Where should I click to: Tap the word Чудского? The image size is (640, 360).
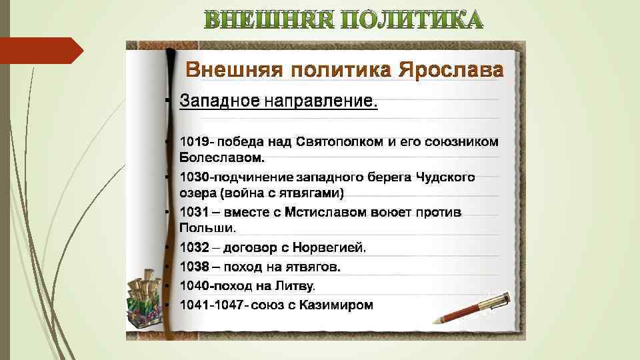click(445, 177)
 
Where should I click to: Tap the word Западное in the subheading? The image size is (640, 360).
click(220, 101)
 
